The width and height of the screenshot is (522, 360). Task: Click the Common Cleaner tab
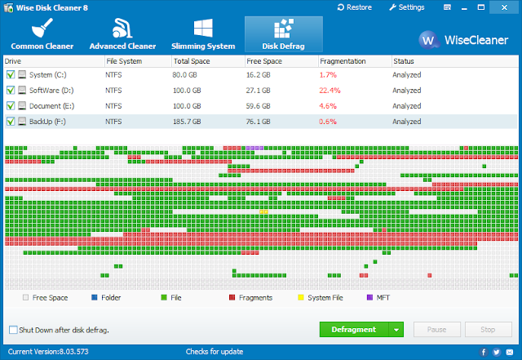click(42, 34)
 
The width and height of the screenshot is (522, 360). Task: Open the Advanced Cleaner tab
click(122, 34)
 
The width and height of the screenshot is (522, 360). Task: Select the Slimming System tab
click(203, 34)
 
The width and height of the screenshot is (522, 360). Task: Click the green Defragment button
click(354, 329)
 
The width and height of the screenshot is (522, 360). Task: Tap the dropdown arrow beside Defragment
click(396, 330)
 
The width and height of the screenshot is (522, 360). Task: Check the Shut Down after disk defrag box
click(13, 330)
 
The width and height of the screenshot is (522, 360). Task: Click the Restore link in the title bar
click(355, 7)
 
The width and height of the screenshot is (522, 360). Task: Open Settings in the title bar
click(407, 7)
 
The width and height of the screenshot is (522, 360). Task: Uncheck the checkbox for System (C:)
click(11, 74)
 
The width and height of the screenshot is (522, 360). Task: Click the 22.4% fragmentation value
click(330, 91)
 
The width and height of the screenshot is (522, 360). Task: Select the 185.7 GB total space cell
click(187, 122)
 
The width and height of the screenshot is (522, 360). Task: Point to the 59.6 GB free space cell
click(258, 106)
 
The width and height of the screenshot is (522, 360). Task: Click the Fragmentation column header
click(343, 61)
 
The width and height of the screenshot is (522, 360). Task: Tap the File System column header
click(124, 61)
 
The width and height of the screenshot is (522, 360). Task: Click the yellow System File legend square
click(301, 297)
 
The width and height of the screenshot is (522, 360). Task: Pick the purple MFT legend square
click(369, 297)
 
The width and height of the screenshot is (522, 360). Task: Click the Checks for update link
click(215, 352)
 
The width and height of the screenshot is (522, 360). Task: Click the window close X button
click(504, 7)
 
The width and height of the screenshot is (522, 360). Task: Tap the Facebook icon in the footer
click(484, 352)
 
